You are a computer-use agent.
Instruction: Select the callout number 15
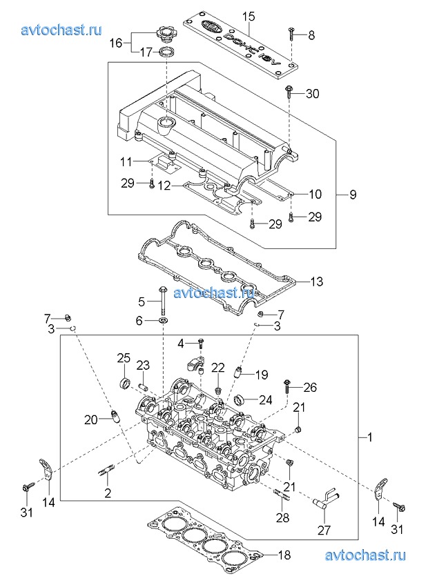(248, 17)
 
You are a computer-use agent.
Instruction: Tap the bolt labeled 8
(291, 35)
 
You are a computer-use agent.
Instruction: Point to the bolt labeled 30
(289, 92)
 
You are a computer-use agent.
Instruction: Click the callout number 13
(316, 281)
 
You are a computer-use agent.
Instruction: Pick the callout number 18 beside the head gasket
(284, 555)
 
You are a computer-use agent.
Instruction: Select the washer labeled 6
(164, 320)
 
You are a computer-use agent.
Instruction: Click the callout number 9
(353, 194)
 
